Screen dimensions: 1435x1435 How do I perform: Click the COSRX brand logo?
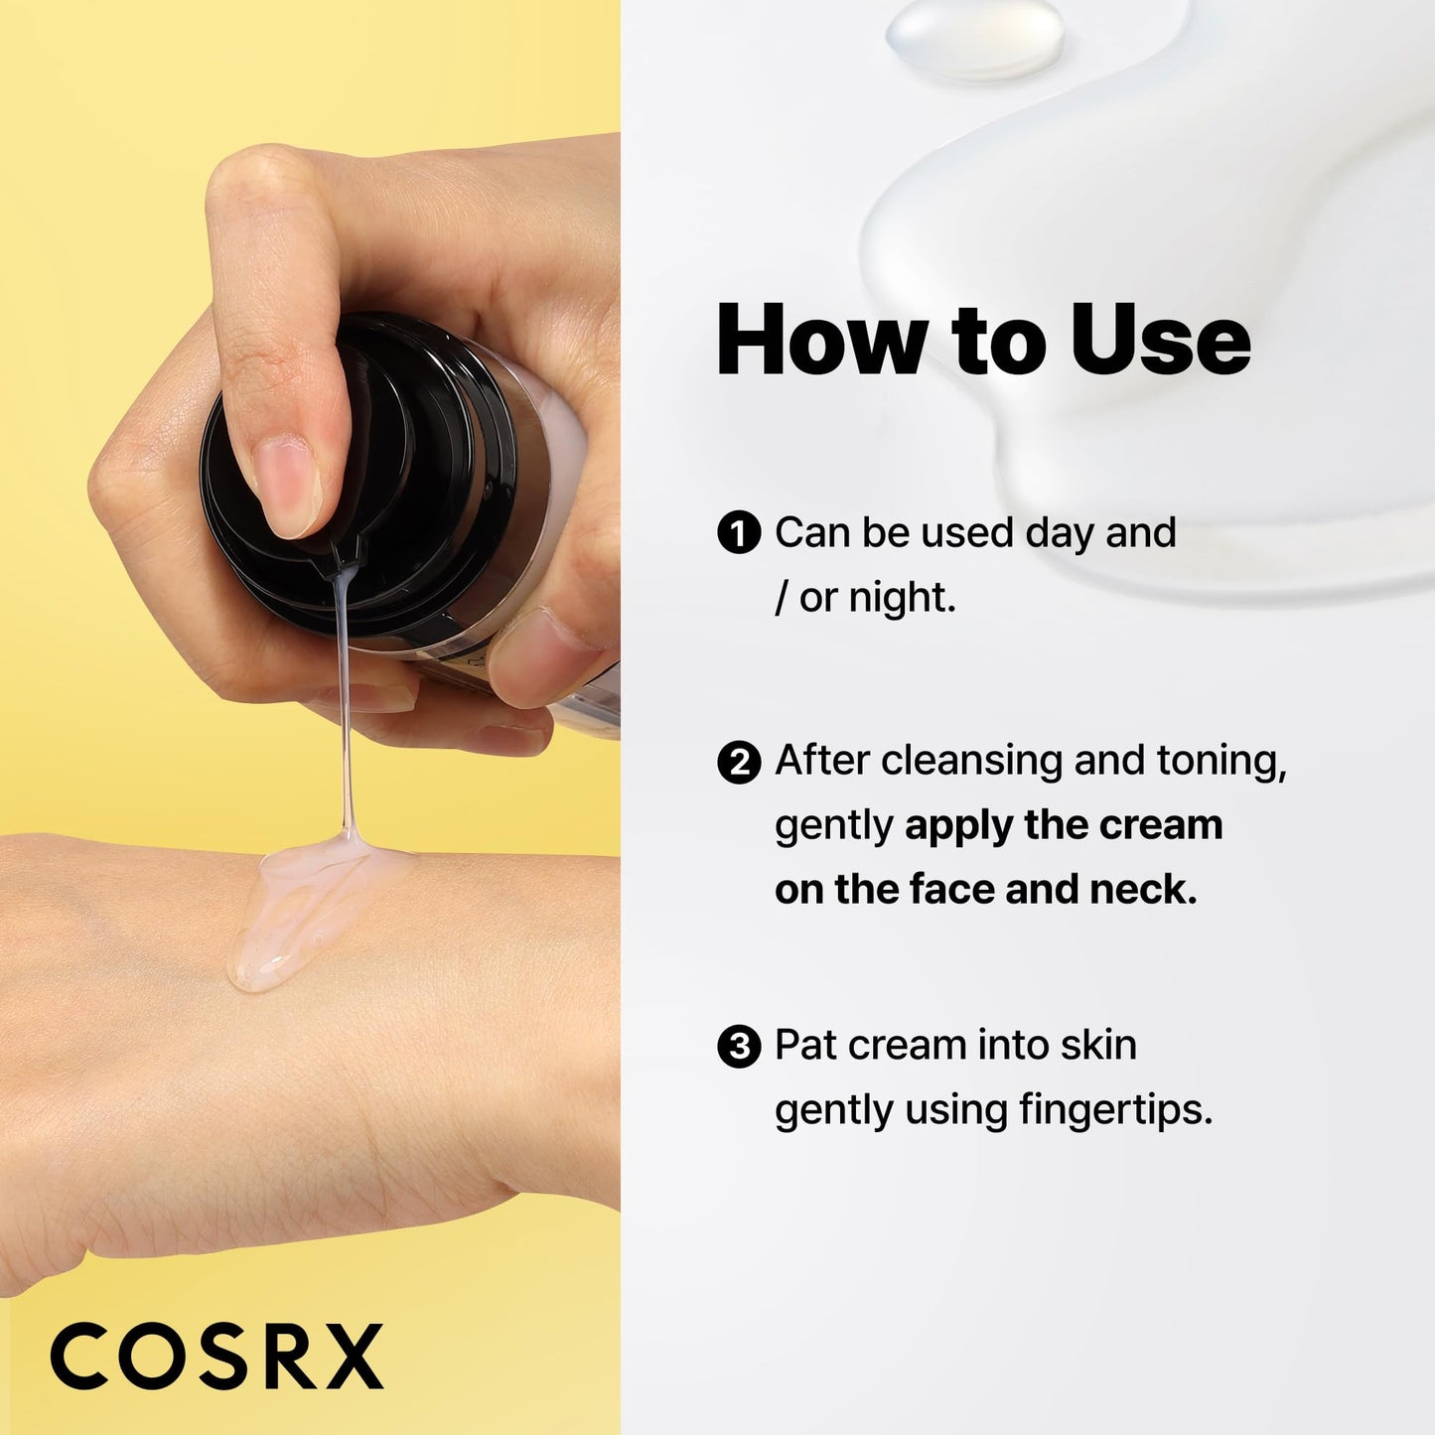pos(216,1357)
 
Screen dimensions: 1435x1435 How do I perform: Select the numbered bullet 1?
pos(738,533)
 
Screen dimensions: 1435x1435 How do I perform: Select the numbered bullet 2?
pos(738,763)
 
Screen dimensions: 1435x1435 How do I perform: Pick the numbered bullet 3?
pos(738,1047)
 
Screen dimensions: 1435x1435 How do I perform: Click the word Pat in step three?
pos(805,1046)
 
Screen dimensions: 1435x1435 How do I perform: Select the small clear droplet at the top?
pos(974,39)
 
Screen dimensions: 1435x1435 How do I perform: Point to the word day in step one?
pos(1059,534)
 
